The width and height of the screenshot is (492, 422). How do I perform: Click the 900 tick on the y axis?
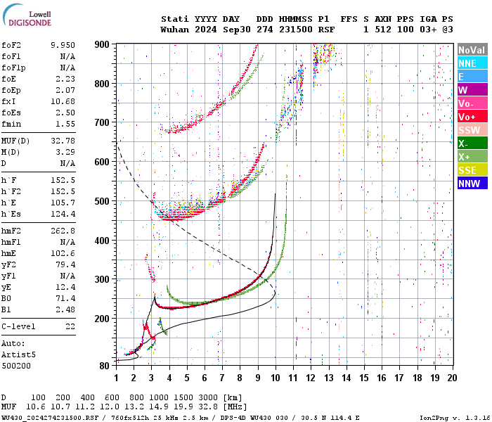tap(102, 44)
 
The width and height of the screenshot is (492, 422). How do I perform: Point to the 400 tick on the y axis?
tap(102, 241)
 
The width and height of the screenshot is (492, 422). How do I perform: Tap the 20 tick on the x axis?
tap(452, 378)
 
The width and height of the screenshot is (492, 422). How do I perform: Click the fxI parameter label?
tap(9, 101)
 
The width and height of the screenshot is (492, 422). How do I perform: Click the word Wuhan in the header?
tap(174, 30)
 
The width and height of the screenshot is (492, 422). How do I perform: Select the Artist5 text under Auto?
tap(17, 355)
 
